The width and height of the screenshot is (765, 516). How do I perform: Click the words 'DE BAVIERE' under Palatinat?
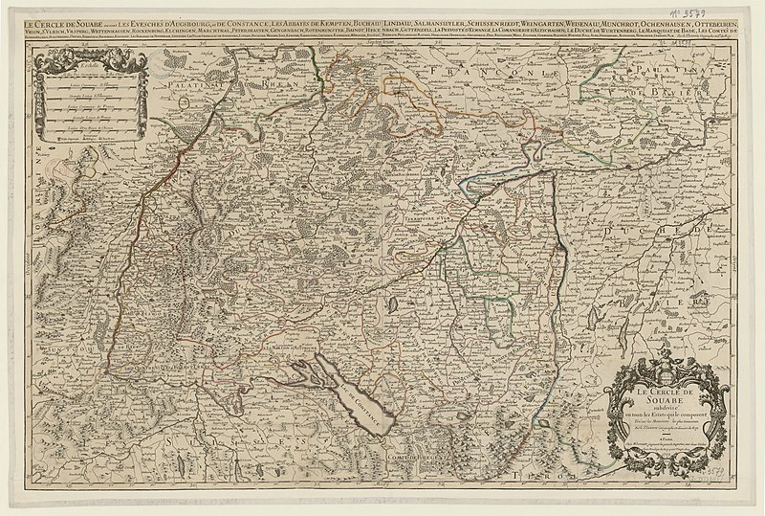click(684, 92)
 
